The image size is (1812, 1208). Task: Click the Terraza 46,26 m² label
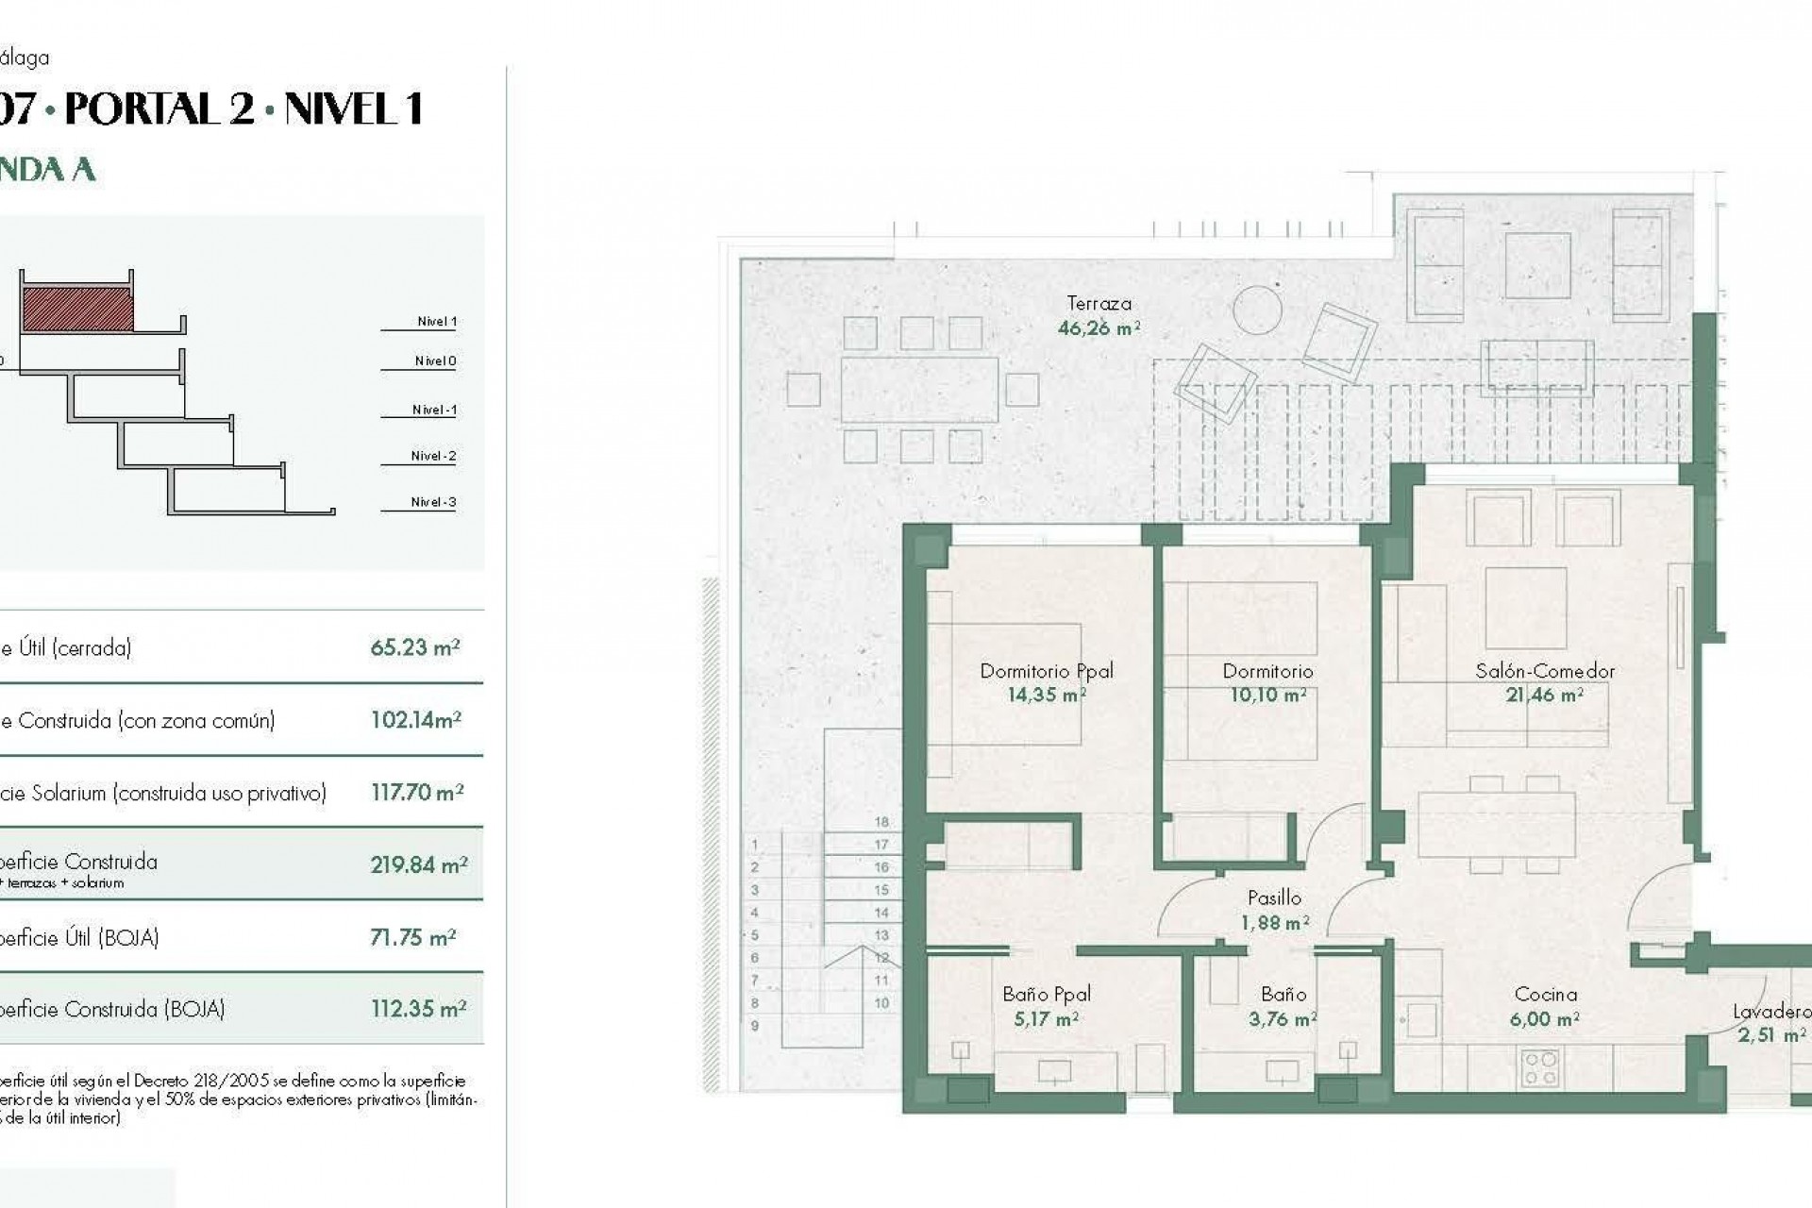pos(1099,316)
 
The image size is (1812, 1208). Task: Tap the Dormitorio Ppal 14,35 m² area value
pos(1046,696)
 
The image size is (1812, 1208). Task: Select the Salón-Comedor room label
pos(1545,671)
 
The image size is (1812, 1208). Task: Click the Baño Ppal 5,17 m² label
pos(1046,1006)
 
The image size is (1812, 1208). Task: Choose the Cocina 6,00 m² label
pos(1545,1006)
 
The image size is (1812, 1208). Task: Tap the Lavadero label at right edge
pos(1770,1012)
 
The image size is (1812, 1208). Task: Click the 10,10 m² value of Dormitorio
pos(1267,696)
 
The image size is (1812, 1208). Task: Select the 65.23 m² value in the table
pos(414,647)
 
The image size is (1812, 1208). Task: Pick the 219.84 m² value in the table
pos(418,864)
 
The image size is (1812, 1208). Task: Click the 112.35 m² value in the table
pos(418,1009)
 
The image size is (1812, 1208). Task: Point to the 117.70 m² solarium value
pos(416,793)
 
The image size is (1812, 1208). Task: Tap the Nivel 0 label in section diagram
pos(435,361)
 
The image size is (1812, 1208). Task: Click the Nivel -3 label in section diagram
pos(433,502)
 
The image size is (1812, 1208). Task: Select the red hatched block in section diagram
pos(76,310)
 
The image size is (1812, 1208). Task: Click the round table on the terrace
pos(1257,310)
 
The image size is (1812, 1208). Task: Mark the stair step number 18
pos(881,822)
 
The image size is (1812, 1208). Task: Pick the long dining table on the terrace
pos(919,389)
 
